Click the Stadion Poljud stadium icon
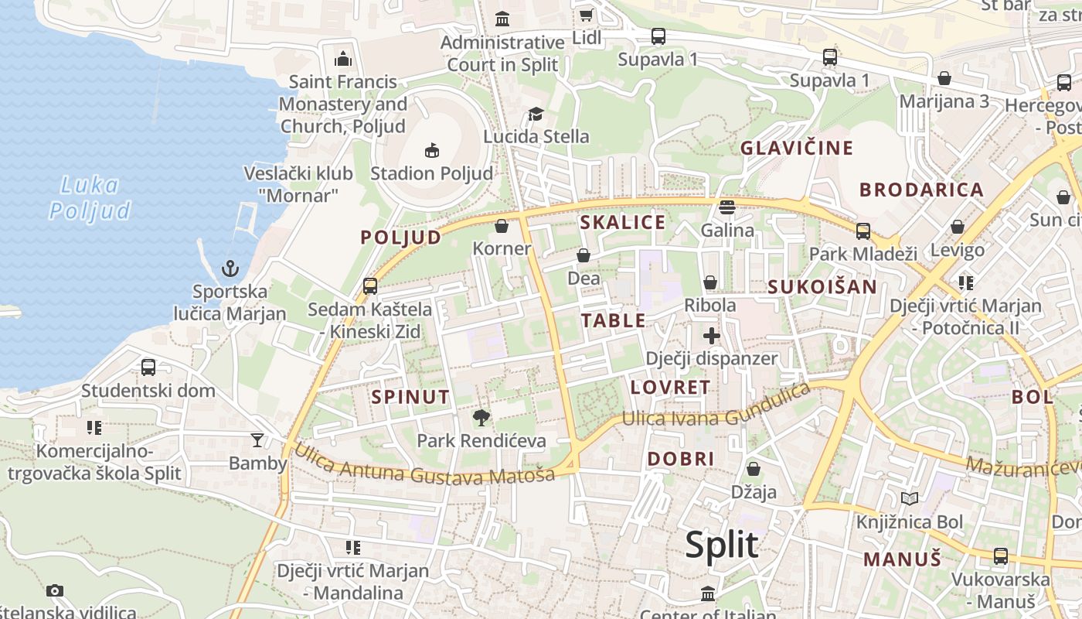point(432,150)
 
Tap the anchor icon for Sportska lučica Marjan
point(230,268)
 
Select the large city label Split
point(721,545)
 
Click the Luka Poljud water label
point(90,197)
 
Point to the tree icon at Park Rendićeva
point(481,418)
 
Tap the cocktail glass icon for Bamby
point(257,440)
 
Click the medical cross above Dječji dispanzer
point(712,336)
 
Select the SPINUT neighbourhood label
point(410,397)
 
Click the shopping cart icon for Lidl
point(587,15)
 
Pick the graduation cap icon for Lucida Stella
point(536,115)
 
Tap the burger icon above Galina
point(726,207)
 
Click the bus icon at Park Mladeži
point(863,231)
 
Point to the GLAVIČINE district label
point(797,148)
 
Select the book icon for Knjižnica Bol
point(910,498)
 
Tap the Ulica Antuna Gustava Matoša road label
point(424,464)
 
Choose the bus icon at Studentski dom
point(148,367)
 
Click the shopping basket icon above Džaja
point(753,469)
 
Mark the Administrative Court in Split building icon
point(502,19)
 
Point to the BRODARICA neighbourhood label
point(921,190)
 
